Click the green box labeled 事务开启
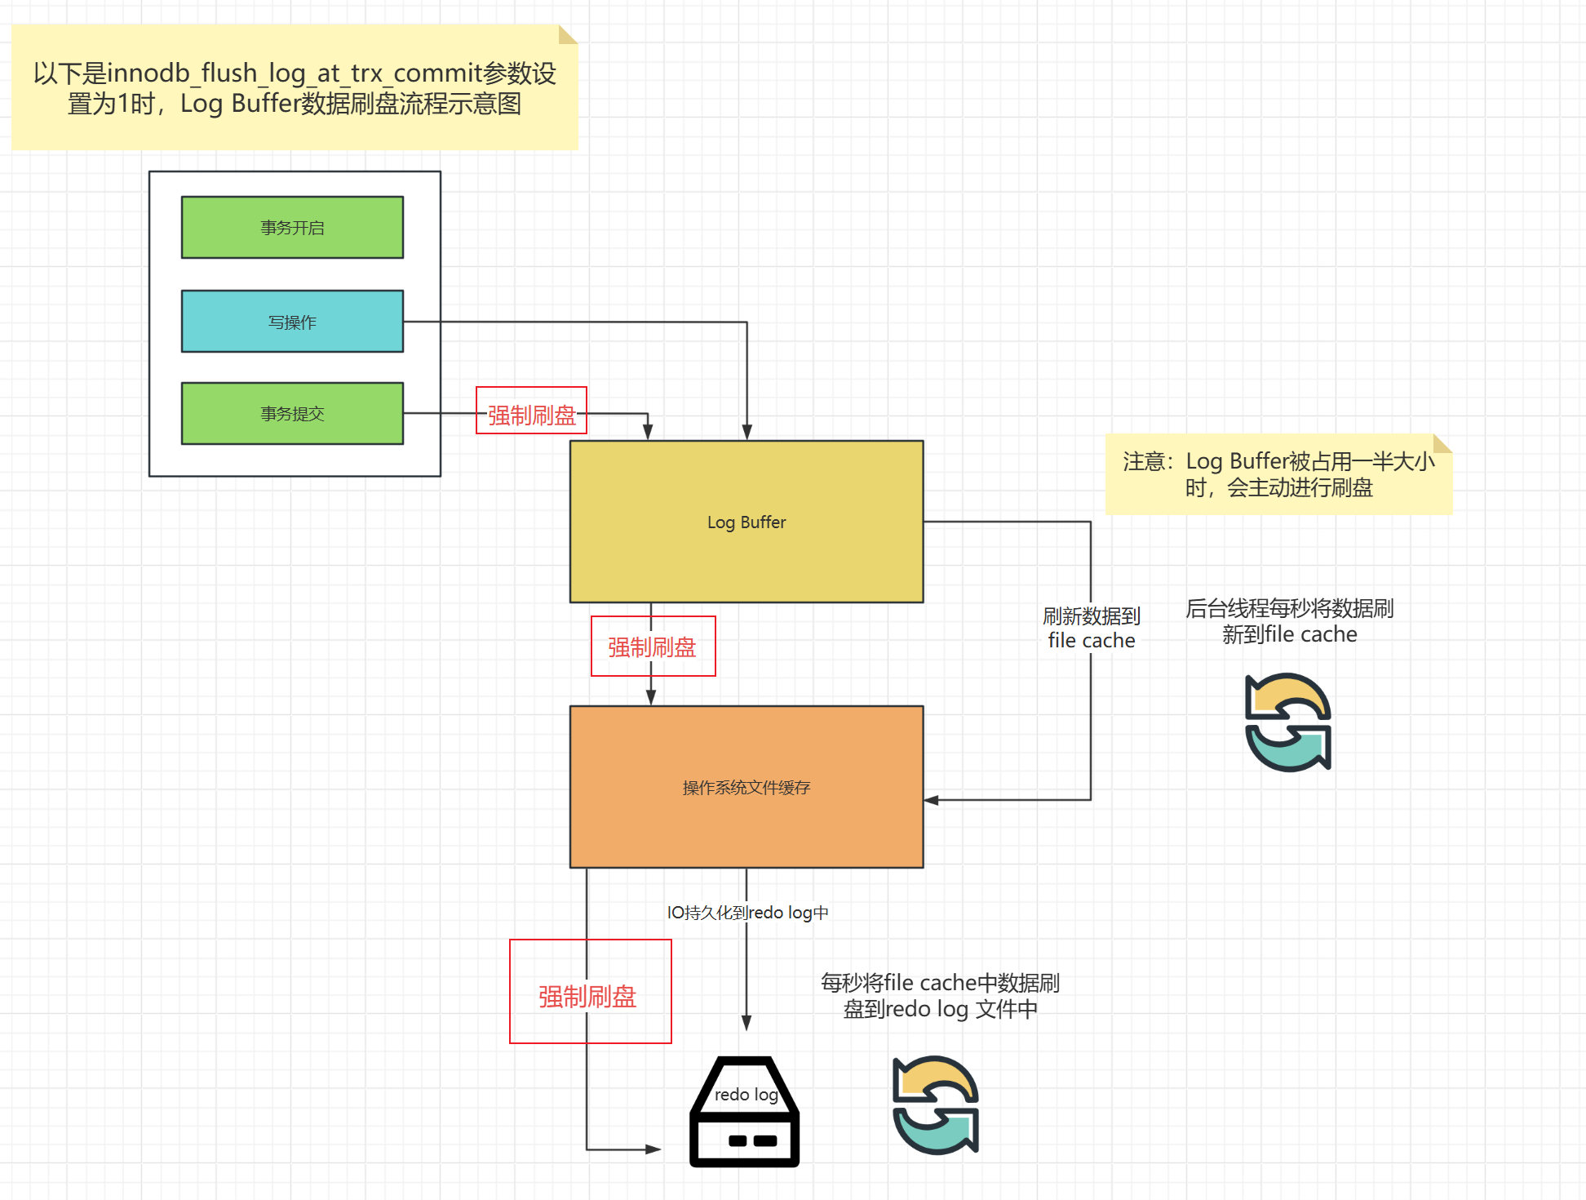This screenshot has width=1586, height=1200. pyautogui.click(x=292, y=227)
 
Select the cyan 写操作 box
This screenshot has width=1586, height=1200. pyautogui.click(x=292, y=322)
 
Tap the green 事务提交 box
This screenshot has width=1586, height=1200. pyautogui.click(x=292, y=414)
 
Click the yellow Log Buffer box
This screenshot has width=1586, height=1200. pyautogui.click(x=746, y=522)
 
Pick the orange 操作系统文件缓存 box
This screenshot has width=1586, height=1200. pyautogui.click(x=746, y=787)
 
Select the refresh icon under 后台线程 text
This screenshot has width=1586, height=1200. pyautogui.click(x=1288, y=722)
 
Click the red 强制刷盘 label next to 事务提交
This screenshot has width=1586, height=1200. pyautogui.click(x=531, y=415)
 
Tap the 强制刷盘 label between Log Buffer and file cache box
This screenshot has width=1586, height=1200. pyautogui.click(x=653, y=647)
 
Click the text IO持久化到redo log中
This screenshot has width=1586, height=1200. pyautogui.click(x=747, y=913)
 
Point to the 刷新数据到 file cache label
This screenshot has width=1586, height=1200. pyautogui.click(x=1091, y=628)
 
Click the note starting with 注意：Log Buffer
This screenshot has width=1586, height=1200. pyautogui.click(x=1278, y=474)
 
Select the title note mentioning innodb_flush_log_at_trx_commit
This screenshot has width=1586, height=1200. pyautogui.click(x=295, y=87)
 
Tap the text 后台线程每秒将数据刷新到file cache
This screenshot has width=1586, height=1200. pyautogui.click(x=1289, y=621)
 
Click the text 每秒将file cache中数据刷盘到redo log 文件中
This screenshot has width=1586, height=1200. pyautogui.click(x=940, y=995)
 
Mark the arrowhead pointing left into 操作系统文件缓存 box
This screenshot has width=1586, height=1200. pyautogui.click(x=931, y=800)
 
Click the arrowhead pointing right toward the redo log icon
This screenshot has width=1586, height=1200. pyautogui.click(x=653, y=1149)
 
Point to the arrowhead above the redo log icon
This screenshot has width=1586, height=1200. pyautogui.click(x=746, y=1023)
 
